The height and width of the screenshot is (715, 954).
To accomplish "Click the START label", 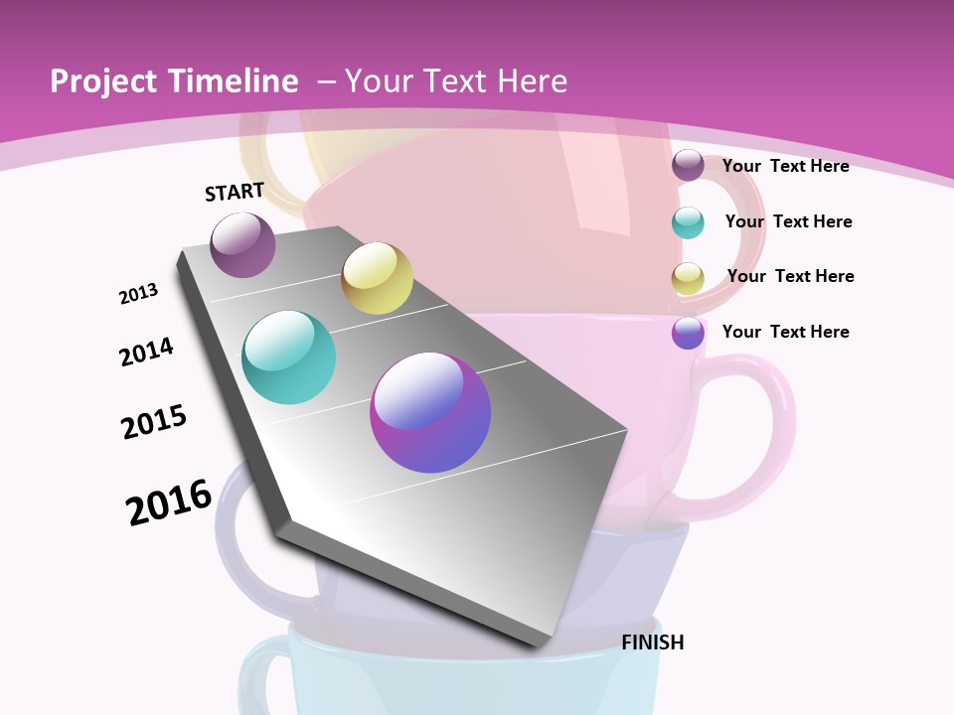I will pos(235,192).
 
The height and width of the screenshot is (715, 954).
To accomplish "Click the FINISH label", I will pos(653,643).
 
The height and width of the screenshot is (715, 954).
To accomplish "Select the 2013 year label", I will pos(138,293).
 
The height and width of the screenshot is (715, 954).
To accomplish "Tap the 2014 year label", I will pos(146,352).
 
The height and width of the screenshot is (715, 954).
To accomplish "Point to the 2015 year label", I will pos(154,421).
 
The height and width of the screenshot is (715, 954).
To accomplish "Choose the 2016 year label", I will pos(169,501).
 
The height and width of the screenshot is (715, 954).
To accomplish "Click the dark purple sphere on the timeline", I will pos(242,244).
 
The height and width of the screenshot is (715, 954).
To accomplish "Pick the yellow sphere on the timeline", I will pos(377,278).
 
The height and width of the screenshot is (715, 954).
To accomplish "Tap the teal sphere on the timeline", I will pos(288,357).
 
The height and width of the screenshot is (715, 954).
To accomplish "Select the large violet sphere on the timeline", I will pos(430,412).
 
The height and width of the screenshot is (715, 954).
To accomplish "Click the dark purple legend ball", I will pos(688,166).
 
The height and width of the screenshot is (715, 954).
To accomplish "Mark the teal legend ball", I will pos(688,222).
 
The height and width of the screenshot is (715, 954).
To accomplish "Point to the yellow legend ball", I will pos(688,278).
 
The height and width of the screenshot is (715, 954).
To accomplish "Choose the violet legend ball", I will pos(688,333).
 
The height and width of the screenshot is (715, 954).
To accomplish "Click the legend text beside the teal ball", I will pos(788,221).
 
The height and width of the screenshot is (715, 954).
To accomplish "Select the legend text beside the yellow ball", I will pos(790,276).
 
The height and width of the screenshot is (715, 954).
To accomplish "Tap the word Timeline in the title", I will pos(232,81).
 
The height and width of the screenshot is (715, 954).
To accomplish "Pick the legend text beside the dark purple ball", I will pos(785,166).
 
